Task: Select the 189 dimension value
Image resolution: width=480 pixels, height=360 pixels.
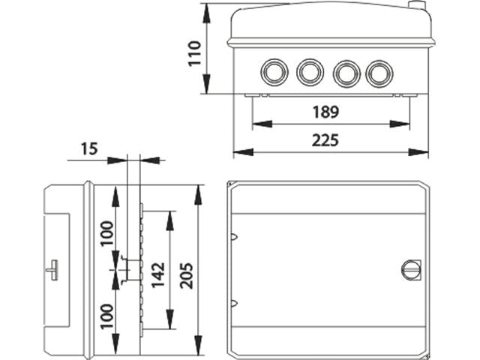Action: tap(325, 112)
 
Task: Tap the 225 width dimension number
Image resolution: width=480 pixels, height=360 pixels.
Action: tap(325, 140)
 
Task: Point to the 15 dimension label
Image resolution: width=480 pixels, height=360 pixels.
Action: tap(88, 148)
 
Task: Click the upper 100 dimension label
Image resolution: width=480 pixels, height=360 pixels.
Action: tap(106, 235)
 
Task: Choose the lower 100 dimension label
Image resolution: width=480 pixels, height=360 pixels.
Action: tap(106, 318)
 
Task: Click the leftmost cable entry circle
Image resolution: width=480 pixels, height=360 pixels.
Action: tap(273, 73)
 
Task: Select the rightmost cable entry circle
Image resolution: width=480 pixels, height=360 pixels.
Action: tap(379, 73)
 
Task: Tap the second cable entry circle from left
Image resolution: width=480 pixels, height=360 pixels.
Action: tap(309, 73)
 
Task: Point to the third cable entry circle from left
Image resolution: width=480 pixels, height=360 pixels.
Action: tap(345, 73)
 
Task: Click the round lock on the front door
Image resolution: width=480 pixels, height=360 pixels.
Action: tap(411, 269)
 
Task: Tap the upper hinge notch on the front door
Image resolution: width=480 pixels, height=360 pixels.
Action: tap(235, 238)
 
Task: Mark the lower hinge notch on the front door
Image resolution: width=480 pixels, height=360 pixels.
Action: tap(235, 304)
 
